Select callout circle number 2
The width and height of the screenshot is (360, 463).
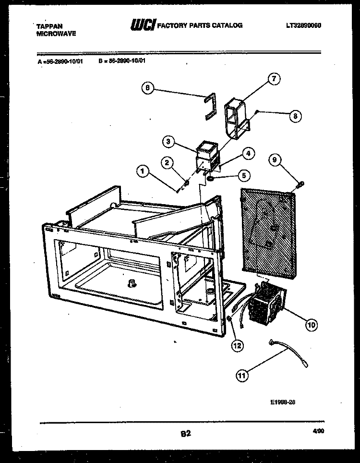pyautogui.click(x=167, y=162)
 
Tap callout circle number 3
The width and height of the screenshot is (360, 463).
pyautogui.click(x=168, y=141)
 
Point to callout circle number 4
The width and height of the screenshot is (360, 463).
pyautogui.click(x=248, y=154)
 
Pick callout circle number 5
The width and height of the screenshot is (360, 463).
pyautogui.click(x=243, y=176)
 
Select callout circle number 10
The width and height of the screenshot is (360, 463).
pyautogui.click(x=312, y=325)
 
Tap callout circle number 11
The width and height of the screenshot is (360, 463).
pyautogui.click(x=243, y=376)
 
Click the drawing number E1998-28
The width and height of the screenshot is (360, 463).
pyautogui.click(x=282, y=402)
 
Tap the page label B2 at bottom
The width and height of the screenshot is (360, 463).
pyautogui.click(x=186, y=434)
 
